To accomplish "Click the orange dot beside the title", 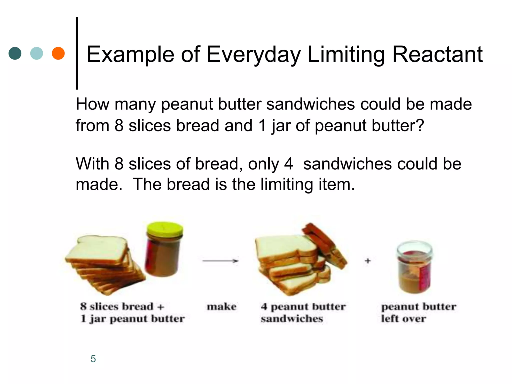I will pos(58,53).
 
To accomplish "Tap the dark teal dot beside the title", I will pos(15,53).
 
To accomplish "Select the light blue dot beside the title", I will pos(36,53).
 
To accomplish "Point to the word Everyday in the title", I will pos(253,55).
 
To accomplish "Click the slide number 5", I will pos(93,359).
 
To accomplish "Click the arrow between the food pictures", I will pos(220,261).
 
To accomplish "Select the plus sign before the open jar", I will pos(367,261).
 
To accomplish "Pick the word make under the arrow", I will pos(221,306).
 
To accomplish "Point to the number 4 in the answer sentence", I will pos(288,164).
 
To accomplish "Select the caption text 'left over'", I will pos(403,318).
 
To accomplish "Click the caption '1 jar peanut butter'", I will pos(132,319).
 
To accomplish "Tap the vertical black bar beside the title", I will pos(77,53).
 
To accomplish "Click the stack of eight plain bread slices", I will pos(102,265).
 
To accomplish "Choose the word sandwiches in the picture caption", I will pos(292,318).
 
